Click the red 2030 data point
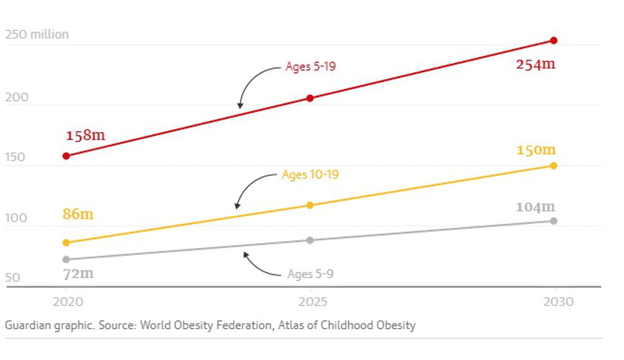(554, 40)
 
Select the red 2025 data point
(310, 98)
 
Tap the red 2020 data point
(66, 156)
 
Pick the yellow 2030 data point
(554, 166)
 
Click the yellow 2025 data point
(310, 205)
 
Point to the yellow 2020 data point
(66, 243)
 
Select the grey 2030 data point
(554, 221)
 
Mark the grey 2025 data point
(310, 240)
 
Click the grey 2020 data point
(66, 259)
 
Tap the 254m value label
(536, 64)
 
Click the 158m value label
(86, 136)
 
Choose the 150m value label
(536, 150)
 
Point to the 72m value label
(78, 273)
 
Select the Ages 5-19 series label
(310, 66)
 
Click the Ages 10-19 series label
(310, 175)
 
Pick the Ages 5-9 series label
(310, 274)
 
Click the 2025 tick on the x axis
(312, 302)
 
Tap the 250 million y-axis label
(37, 35)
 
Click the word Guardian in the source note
(27, 325)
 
